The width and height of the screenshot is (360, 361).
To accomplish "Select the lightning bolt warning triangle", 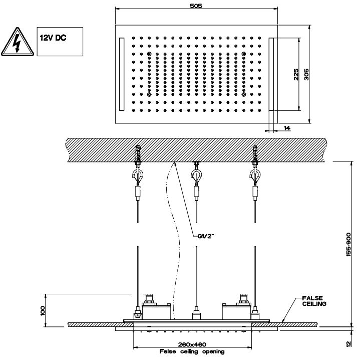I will point(17,43).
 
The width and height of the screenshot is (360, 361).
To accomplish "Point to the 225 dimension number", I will point(296,74).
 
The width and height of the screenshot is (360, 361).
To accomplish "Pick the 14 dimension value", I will point(287,129).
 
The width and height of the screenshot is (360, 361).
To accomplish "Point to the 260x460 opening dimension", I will point(192,344).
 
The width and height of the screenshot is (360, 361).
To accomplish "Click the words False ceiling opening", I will point(192,351).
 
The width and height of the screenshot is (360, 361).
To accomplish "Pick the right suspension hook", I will point(254,176).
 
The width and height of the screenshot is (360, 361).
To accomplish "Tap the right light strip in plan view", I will point(272,74).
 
